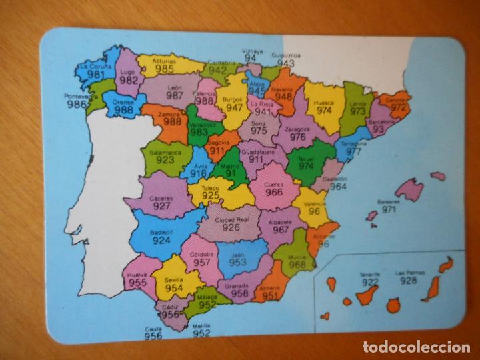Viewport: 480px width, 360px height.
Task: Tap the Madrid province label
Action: pos(229,165)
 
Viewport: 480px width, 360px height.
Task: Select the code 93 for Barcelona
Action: pos(378,130)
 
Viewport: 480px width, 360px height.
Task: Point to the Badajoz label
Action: pos(161,233)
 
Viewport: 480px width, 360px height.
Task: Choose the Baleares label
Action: pos(389,201)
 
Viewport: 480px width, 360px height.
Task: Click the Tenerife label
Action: pos(369,273)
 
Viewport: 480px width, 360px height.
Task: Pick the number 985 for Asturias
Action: pos(165,68)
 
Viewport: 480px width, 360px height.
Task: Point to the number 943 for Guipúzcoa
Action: pos(286,63)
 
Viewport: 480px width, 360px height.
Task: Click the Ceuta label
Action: pos(153,328)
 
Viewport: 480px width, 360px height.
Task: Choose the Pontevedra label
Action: pos(81,96)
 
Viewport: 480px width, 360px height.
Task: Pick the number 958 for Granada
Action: pos(240,293)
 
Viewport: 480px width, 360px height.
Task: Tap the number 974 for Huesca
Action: pos(324,111)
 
